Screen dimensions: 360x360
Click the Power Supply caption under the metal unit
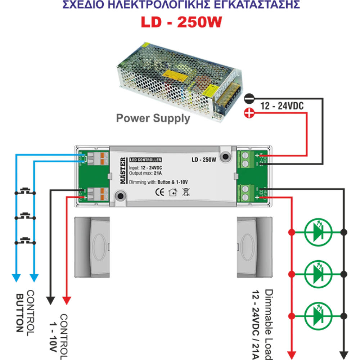pyautogui.click(x=153, y=119)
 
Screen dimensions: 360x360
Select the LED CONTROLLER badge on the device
pyautogui.click(x=145, y=160)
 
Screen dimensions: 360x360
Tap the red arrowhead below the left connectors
pyautogui.click(x=67, y=298)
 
